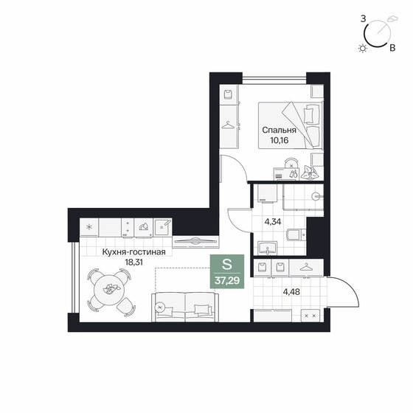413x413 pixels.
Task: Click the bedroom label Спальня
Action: coord(279,130)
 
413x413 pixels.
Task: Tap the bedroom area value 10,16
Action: coord(280,140)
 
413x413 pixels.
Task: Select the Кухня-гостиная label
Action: coord(133,252)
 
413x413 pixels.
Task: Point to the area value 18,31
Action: coord(133,262)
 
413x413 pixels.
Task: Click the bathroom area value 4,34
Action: coord(273,222)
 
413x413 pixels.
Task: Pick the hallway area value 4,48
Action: coord(291,292)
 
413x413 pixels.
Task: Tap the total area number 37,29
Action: coord(227,281)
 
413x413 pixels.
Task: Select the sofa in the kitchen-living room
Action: coord(185,307)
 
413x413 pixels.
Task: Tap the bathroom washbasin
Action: coord(267,248)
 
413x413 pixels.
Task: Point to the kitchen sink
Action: coord(163,227)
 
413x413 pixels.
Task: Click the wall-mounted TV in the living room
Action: coord(195,241)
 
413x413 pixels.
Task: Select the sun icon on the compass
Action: coord(363,48)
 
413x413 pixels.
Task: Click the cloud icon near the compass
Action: coord(392,18)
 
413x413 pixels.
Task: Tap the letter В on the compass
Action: coord(392,48)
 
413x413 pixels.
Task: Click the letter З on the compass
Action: coord(363,19)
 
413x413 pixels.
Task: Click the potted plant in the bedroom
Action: coord(310,173)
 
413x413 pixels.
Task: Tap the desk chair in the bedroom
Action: coord(291,163)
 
